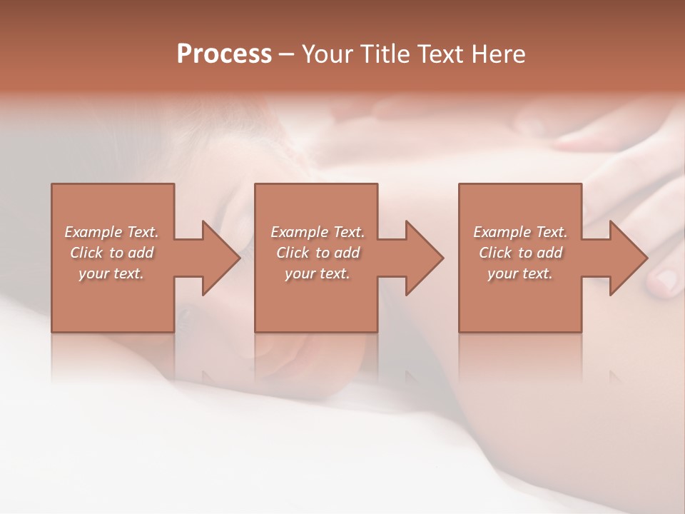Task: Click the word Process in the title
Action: click(224, 54)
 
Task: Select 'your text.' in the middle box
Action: click(317, 273)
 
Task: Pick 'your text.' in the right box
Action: click(519, 273)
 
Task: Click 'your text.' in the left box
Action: click(111, 273)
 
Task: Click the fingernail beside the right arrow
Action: click(666, 281)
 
